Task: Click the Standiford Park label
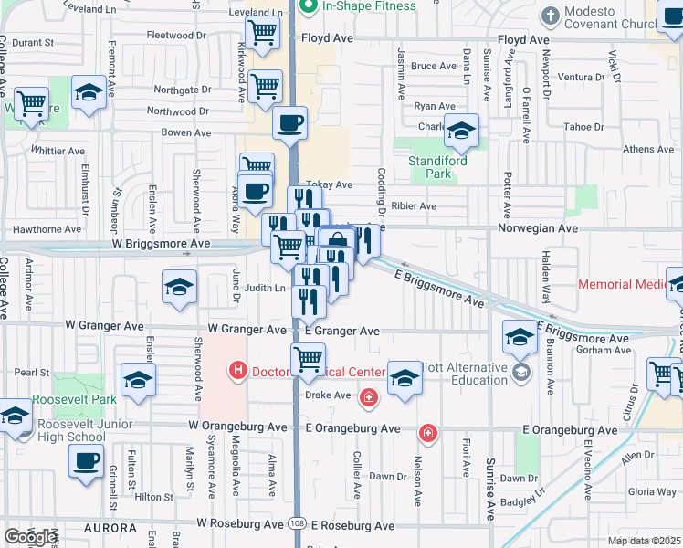tap(437, 167)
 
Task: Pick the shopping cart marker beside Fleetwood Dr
tap(263, 34)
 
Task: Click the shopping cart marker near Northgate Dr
tap(265, 87)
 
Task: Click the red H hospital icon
tap(237, 371)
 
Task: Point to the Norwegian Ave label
tap(538, 228)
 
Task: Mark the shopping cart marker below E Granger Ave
tap(309, 360)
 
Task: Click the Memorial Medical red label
tap(625, 285)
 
